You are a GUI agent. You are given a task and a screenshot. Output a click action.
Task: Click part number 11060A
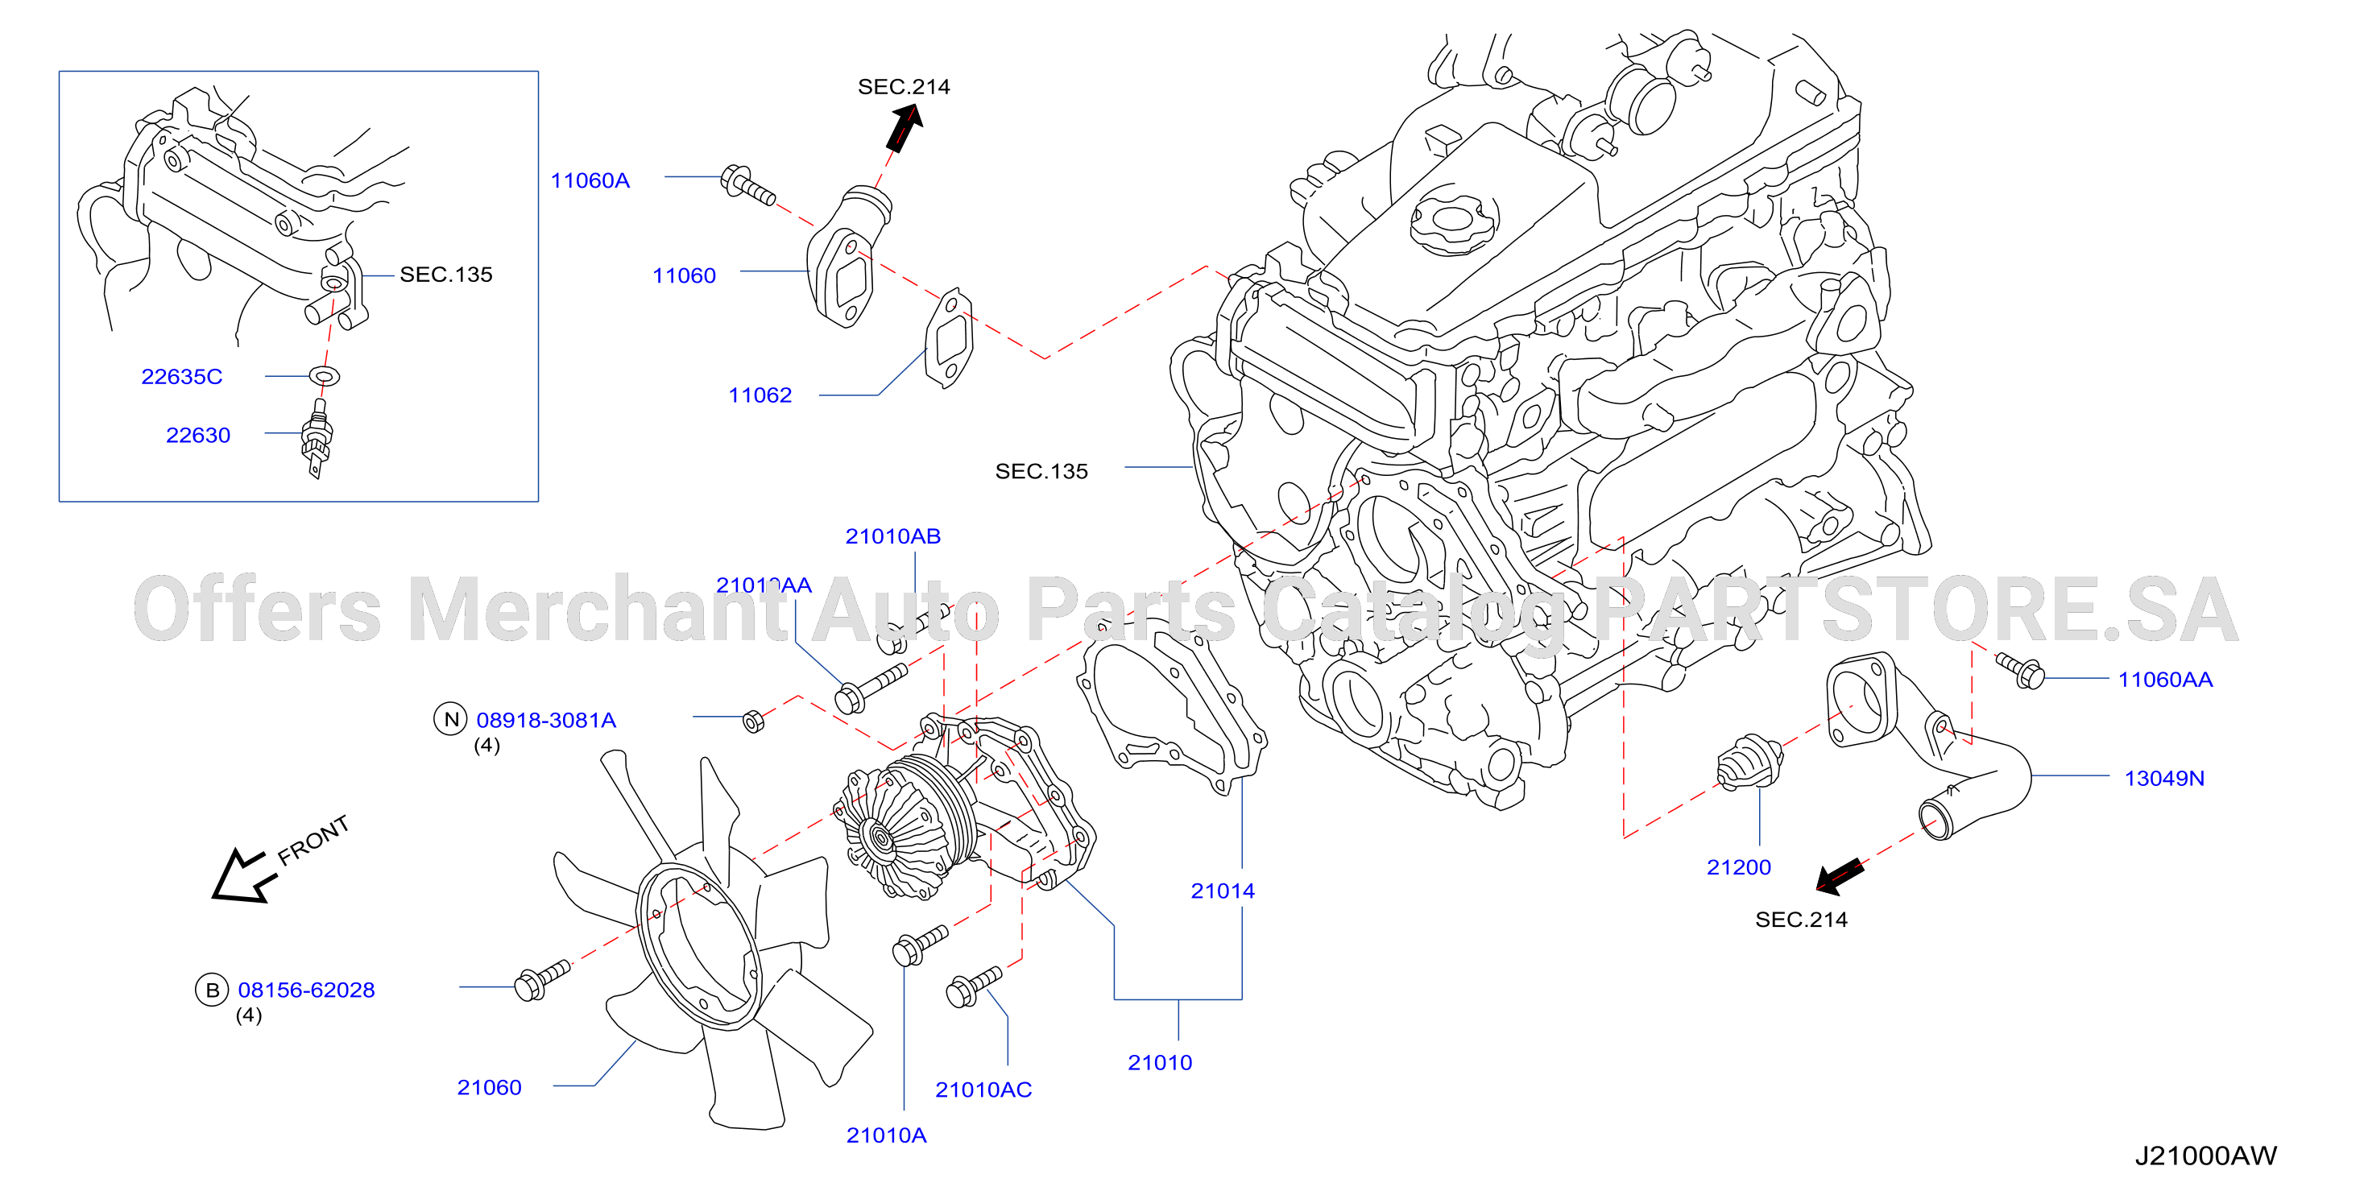point(590,180)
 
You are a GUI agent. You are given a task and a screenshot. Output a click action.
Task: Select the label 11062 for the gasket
point(760,395)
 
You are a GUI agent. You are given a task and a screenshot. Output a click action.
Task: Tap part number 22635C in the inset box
point(182,377)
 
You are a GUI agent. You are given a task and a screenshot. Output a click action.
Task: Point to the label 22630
point(197,436)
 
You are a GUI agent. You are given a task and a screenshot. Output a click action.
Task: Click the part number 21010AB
point(892,536)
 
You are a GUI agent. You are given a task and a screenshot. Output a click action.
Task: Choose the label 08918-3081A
point(546,720)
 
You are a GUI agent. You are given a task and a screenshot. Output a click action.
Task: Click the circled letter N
point(450,719)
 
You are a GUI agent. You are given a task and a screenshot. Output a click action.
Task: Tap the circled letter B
point(213,990)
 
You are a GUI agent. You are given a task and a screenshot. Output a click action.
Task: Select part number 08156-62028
point(306,990)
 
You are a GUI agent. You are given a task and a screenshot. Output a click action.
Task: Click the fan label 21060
point(489,1087)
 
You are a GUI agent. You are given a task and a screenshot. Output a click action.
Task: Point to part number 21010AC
point(983,1090)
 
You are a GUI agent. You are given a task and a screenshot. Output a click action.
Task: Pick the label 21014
point(1223,891)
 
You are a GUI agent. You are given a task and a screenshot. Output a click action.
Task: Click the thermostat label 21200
point(1738,866)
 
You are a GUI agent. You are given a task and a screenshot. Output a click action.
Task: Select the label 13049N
point(2164,778)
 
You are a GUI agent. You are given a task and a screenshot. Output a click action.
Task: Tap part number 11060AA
point(2165,680)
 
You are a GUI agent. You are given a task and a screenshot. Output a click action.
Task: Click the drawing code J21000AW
point(2205,1156)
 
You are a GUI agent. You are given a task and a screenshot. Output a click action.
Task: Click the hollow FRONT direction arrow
point(241,877)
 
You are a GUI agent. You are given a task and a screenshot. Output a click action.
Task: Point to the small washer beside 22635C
point(325,376)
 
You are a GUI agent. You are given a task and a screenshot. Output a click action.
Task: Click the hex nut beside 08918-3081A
point(753,721)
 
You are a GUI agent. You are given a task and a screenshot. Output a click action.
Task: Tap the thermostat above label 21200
point(1749,761)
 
